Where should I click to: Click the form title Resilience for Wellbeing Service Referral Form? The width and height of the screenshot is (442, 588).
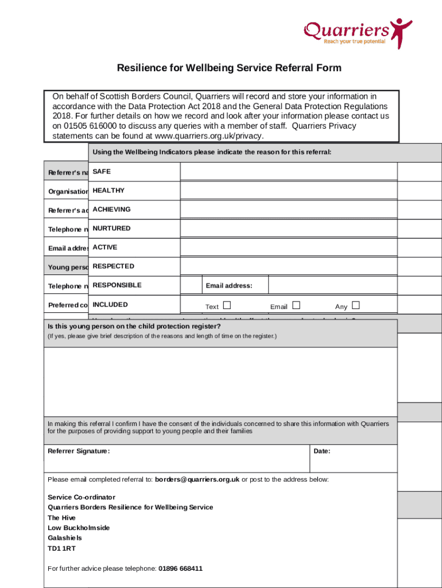[x=229, y=68]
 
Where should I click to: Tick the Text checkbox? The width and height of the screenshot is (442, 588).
[x=227, y=305]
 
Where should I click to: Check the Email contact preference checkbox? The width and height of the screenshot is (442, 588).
[x=296, y=305]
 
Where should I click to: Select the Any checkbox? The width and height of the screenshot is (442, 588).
[x=356, y=305]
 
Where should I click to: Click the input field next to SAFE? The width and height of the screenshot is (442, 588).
[x=289, y=172]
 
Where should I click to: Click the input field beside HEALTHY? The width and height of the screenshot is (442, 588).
[x=289, y=191]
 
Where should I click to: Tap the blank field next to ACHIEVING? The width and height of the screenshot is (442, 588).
[x=289, y=210]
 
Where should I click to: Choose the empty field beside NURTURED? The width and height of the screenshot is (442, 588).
[x=289, y=229]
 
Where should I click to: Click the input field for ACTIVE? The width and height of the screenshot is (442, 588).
[x=289, y=247]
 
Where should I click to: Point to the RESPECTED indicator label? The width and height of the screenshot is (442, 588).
[x=114, y=266]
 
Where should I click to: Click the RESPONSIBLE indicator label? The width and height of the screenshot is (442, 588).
[x=117, y=285]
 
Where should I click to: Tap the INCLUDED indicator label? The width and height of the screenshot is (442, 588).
[x=110, y=305]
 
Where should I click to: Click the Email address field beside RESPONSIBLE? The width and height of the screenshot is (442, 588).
[x=332, y=285]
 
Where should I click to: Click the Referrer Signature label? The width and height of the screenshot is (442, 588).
[x=79, y=451]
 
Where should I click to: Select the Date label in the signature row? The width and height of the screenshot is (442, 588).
[x=322, y=451]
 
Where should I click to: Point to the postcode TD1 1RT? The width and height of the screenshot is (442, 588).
[x=61, y=548]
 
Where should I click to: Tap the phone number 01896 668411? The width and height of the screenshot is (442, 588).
[x=180, y=568]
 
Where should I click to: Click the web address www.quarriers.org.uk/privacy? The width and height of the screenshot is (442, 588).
[x=205, y=136]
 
